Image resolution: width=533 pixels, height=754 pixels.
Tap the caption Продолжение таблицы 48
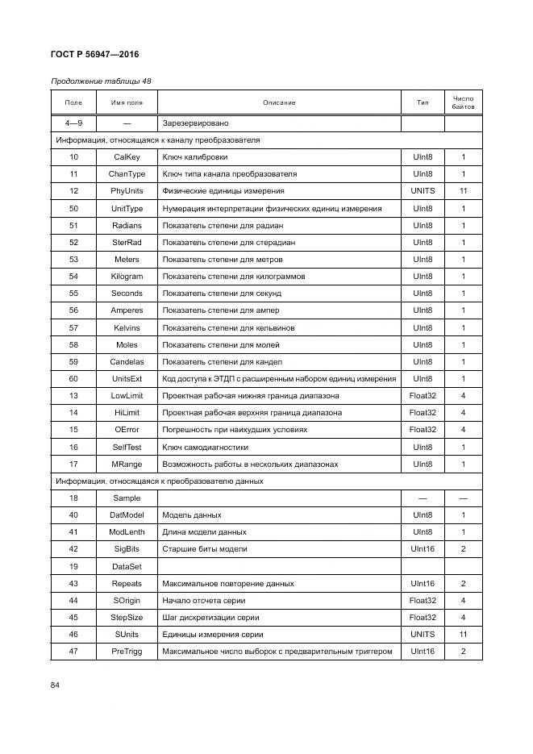point(101,81)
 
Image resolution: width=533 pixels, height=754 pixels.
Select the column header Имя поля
point(127,102)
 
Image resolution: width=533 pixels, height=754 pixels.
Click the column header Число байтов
point(463,102)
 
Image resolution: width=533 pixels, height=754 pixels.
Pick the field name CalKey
point(127,157)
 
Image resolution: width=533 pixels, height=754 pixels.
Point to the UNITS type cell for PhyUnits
point(423,191)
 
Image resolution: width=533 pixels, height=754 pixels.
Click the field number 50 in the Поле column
point(73,209)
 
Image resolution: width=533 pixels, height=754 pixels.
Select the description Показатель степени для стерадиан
point(228,243)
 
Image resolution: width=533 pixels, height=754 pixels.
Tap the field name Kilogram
point(127,277)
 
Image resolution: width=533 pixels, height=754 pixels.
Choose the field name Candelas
point(127,362)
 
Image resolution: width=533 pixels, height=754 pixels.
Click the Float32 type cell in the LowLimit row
point(423,396)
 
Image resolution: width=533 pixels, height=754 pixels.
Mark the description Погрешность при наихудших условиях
point(235,430)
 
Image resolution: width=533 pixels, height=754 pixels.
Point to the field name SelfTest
point(127,447)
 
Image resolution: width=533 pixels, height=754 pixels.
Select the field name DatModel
point(127,515)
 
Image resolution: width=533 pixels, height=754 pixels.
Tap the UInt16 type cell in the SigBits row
point(423,549)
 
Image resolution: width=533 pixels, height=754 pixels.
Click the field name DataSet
point(127,567)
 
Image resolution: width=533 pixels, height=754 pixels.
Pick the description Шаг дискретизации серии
point(211,618)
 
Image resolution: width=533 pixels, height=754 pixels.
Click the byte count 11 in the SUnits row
point(463,635)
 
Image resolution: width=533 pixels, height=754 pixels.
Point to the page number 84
point(56,685)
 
